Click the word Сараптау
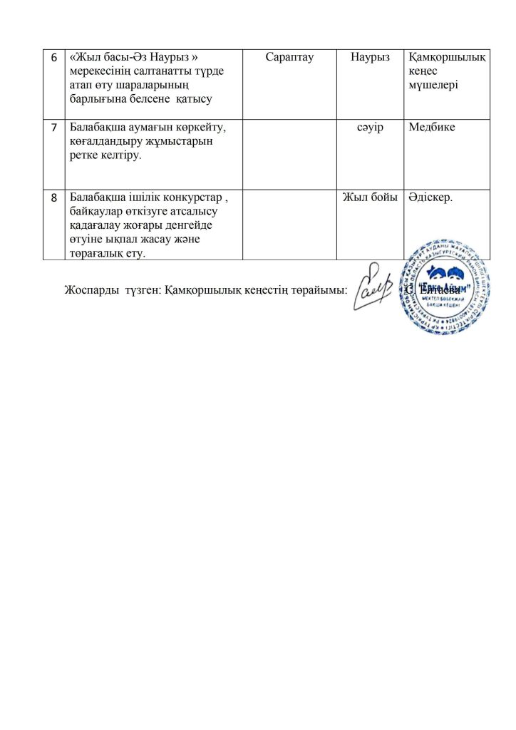[x=289, y=56]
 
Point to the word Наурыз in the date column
[x=370, y=56]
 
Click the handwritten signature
[x=373, y=286]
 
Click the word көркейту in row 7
[x=199, y=128]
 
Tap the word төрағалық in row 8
[x=95, y=253]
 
